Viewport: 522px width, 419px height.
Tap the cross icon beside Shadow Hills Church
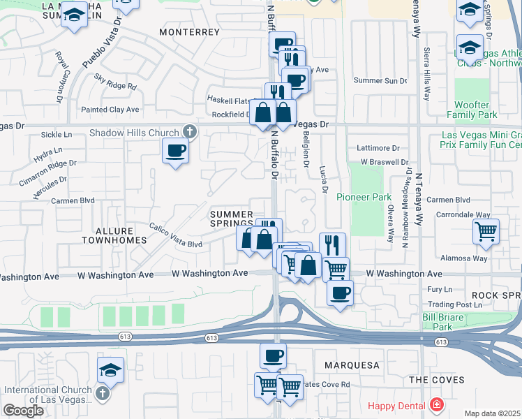point(188,131)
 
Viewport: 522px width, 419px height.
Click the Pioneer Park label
point(364,197)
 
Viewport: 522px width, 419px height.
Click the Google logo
point(23,411)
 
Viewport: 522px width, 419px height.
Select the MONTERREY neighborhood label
point(190,32)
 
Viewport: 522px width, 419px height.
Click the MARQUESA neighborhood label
point(352,365)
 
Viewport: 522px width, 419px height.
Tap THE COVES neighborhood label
point(436,380)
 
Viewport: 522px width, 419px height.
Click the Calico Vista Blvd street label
point(176,235)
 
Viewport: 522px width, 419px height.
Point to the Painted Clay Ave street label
point(110,110)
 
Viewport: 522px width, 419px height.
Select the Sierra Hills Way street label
point(426,73)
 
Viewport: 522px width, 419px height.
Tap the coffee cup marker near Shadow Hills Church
point(175,149)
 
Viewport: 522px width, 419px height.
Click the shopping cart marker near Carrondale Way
point(486,230)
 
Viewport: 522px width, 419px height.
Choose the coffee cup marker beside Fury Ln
point(340,293)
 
